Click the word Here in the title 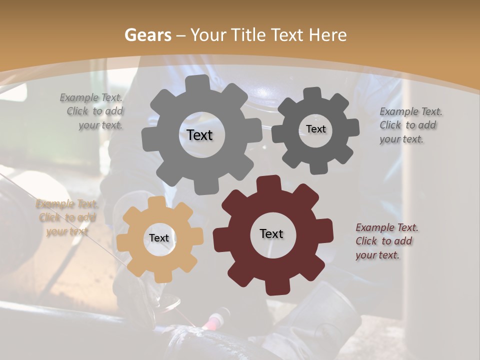tap(327, 35)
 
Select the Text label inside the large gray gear tap(199, 135)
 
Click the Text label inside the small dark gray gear tap(315, 129)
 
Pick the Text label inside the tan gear tap(159, 238)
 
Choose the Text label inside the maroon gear tap(271, 233)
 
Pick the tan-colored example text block tap(66, 217)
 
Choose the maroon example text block tap(386, 241)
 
